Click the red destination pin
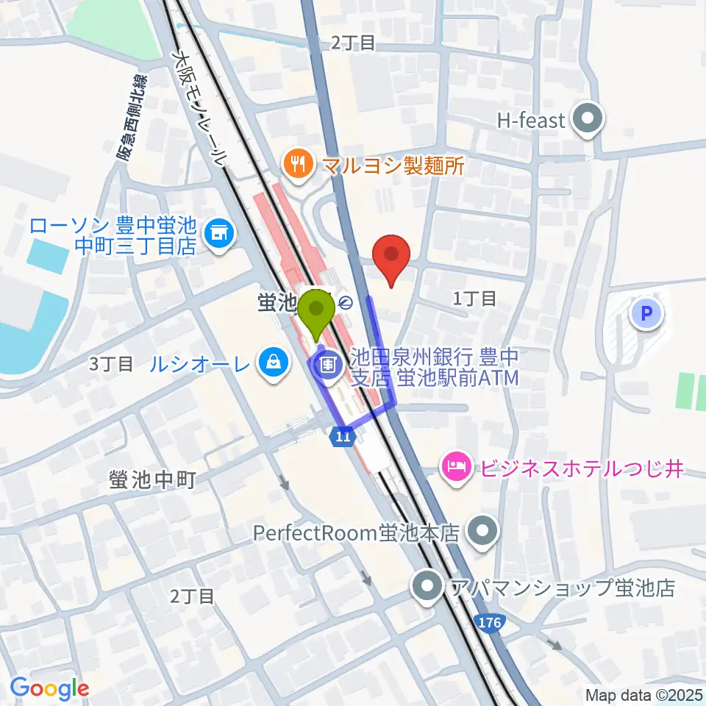[x=391, y=257]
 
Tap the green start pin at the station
[x=318, y=312]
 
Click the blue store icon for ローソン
[x=218, y=235]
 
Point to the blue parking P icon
[x=646, y=315]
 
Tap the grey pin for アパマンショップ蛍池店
[x=427, y=587]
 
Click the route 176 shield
[x=491, y=623]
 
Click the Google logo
[x=50, y=688]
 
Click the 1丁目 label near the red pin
[x=474, y=298]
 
